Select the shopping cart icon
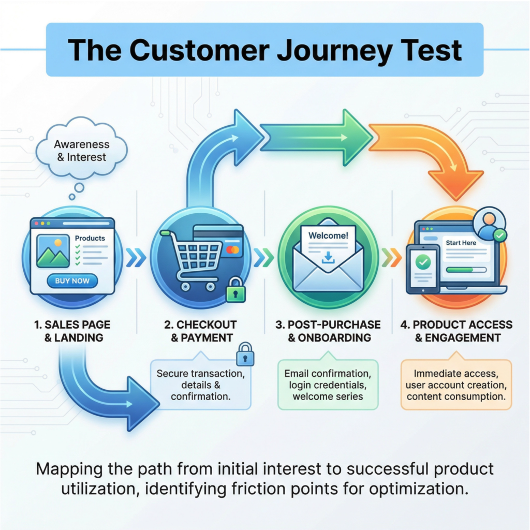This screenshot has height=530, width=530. [x=195, y=259]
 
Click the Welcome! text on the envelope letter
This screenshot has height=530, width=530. [x=328, y=235]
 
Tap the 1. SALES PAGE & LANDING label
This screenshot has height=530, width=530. [x=72, y=331]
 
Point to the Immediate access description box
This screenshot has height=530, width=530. [x=455, y=385]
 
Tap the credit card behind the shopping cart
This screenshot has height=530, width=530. [x=223, y=239]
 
